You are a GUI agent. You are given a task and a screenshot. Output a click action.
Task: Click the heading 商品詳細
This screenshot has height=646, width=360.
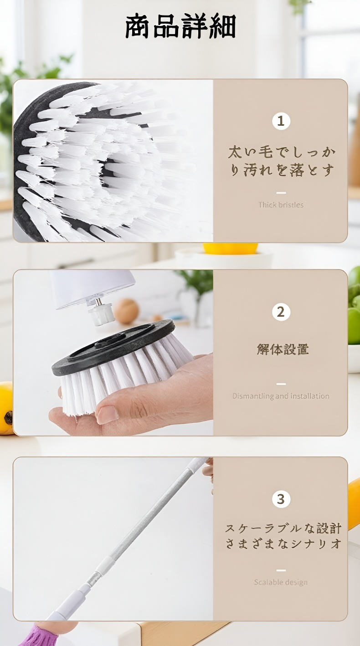click(x=180, y=26)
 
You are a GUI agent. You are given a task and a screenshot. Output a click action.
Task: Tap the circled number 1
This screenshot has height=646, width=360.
click(x=281, y=121)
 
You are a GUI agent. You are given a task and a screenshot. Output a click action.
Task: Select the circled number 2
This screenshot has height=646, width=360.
click(x=281, y=312)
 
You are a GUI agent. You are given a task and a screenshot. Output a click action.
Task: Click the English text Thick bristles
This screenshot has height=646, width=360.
click(x=281, y=205)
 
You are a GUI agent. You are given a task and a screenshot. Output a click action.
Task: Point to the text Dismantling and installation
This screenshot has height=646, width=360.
click(x=281, y=396)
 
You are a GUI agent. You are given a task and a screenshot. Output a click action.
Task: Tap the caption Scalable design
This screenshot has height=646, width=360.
click(x=281, y=582)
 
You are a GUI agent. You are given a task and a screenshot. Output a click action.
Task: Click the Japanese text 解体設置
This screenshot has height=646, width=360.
click(x=283, y=349)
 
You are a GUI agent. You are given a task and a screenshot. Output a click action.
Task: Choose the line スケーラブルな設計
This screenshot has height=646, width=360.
click(x=283, y=528)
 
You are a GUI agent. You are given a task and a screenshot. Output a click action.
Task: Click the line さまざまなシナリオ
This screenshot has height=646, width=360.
click(x=283, y=543)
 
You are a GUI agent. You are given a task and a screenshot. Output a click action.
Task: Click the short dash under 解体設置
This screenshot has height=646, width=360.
click(x=281, y=384)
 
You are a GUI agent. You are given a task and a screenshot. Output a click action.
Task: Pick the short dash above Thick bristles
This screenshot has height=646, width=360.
click(x=281, y=193)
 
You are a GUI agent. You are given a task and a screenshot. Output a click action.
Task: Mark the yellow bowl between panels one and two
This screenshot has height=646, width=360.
click(x=230, y=249)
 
